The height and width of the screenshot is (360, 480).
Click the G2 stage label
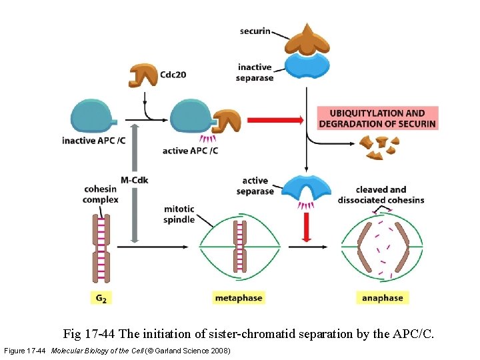tap(100, 298)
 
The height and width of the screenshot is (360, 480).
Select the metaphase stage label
tap(239, 298)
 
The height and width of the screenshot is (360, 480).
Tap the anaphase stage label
tap(381, 298)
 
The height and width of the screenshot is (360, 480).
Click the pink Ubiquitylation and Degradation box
tap(377, 119)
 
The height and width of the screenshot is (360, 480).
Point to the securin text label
tap(255, 31)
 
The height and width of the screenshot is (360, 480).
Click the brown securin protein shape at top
tap(307, 40)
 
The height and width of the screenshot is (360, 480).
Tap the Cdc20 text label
tap(173, 75)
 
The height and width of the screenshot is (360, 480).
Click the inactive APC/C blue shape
tap(93, 118)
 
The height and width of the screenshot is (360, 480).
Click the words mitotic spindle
tap(179, 215)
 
